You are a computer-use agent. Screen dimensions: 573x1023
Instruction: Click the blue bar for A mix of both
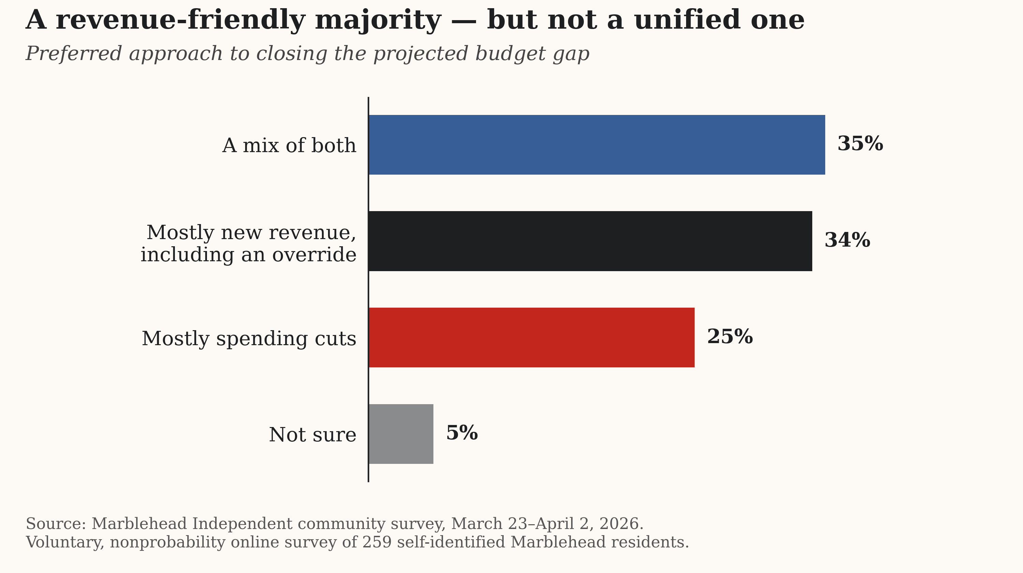pos(596,145)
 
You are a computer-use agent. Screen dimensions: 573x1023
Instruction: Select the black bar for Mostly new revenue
pos(590,241)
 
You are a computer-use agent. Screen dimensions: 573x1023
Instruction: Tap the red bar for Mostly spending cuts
pos(531,338)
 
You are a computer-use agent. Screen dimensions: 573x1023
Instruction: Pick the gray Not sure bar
pos(401,434)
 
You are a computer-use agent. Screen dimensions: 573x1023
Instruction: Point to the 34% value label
pos(847,240)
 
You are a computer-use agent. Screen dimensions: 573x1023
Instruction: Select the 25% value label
pos(729,337)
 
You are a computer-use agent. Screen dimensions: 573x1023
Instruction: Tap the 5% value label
pos(462,433)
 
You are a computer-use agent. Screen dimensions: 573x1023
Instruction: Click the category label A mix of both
pos(289,145)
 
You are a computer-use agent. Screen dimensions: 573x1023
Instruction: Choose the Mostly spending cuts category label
pos(249,339)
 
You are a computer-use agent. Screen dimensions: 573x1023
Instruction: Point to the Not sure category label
pos(313,435)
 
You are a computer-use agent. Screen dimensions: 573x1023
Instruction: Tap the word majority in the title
pos(378,21)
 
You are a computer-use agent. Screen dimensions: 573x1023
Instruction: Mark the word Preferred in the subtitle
pos(73,54)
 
